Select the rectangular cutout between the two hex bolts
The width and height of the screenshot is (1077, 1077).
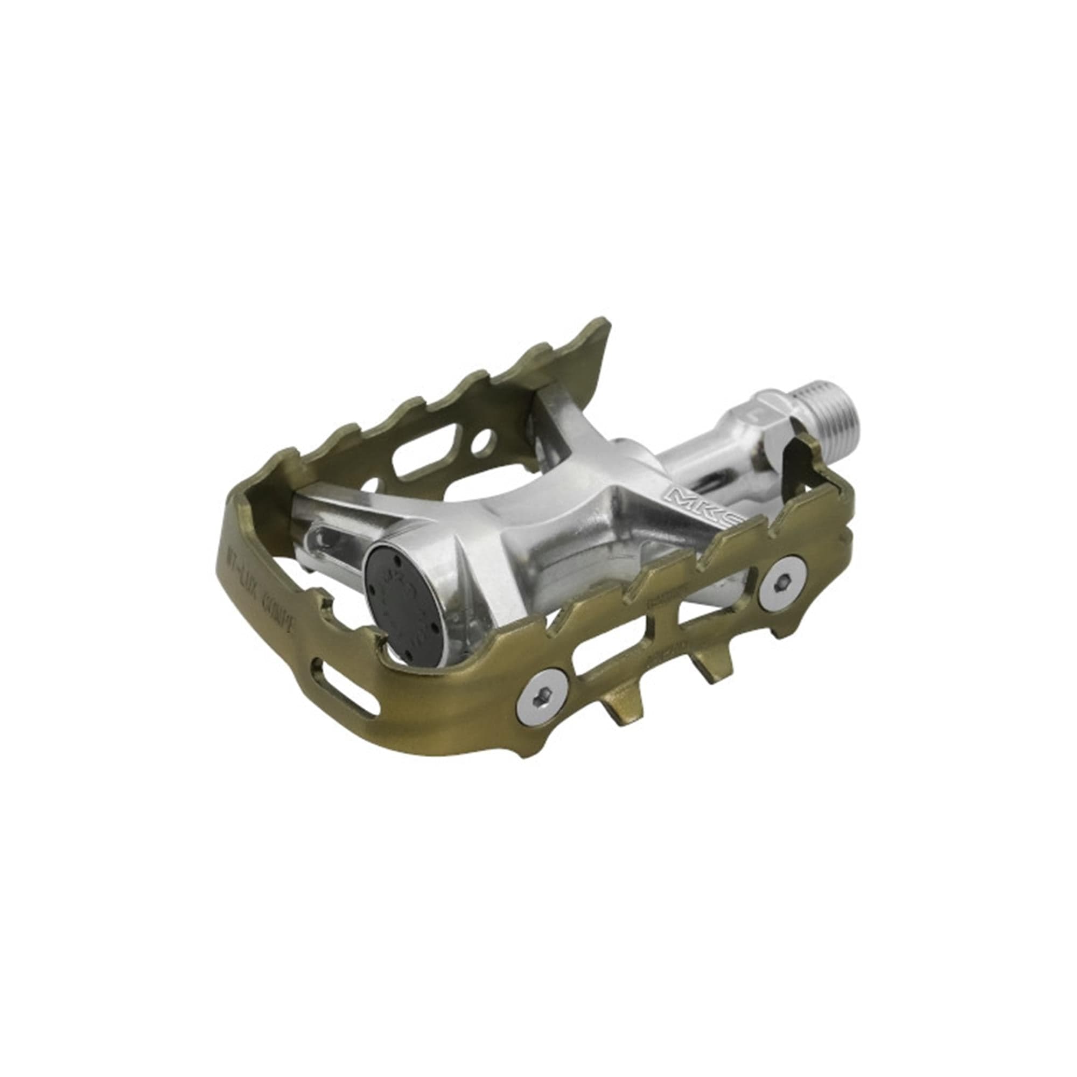[619, 655]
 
